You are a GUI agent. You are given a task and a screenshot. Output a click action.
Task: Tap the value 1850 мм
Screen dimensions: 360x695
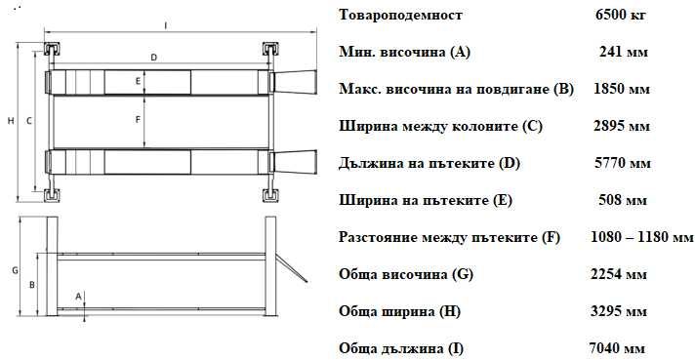[622, 89]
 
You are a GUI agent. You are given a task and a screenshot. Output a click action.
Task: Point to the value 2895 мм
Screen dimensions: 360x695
[622, 126]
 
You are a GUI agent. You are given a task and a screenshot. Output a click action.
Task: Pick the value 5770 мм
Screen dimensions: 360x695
[622, 163]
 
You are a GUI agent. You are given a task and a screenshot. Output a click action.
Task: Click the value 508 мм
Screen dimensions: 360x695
[622, 200]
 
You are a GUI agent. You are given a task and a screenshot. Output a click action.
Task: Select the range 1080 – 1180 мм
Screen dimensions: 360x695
[641, 237]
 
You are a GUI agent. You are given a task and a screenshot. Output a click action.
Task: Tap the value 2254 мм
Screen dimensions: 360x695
[620, 274]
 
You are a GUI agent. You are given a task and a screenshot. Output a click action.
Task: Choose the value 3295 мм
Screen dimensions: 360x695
[620, 311]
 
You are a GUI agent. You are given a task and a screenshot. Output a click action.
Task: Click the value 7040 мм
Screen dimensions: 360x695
[618, 348]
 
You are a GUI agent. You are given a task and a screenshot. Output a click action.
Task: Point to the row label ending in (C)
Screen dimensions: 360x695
[440, 126]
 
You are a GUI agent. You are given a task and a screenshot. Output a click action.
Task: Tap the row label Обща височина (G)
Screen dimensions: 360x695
[406, 274]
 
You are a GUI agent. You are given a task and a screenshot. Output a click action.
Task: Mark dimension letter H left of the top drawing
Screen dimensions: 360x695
[10, 121]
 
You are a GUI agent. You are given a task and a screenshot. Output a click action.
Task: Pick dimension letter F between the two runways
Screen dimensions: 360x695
[140, 120]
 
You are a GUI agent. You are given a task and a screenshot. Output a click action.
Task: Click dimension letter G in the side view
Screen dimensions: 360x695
[15, 269]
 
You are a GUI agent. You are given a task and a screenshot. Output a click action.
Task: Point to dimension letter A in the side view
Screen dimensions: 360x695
[78, 294]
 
